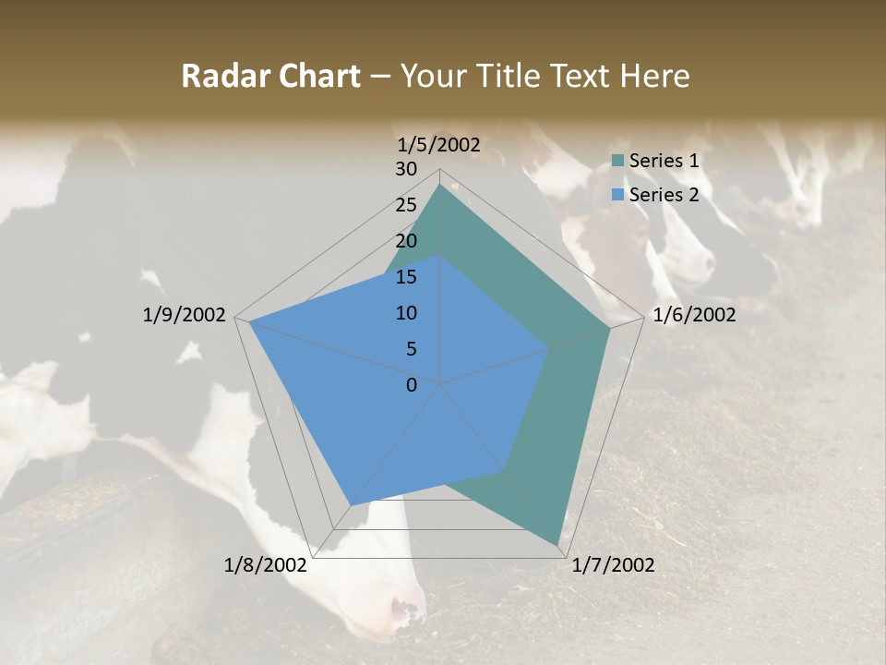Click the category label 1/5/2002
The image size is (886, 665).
[439, 144]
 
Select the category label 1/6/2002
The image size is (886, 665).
[694, 315]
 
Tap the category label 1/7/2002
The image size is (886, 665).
[613, 564]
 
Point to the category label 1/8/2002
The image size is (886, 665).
[266, 564]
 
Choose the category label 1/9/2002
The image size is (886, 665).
[185, 315]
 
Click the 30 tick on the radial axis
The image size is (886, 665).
[406, 169]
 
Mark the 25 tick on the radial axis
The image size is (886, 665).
[406, 205]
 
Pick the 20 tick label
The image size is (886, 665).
[406, 241]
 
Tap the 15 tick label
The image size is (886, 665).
[406, 277]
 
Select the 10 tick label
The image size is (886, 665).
[406, 313]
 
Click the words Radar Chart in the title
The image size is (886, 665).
[270, 77]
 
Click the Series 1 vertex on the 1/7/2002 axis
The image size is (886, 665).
[558, 544]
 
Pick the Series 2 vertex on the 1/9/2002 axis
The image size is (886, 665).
[249, 321]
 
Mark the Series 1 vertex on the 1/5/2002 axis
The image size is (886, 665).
[440, 184]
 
